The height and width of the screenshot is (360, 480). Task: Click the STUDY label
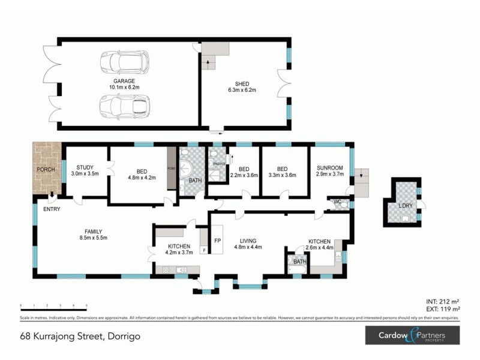point(85,167)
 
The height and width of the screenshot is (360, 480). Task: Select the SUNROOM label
point(329,168)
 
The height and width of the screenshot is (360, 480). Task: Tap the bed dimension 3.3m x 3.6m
point(282,176)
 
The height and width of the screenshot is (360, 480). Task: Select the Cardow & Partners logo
point(412,335)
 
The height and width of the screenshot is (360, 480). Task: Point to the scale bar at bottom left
point(53,307)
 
